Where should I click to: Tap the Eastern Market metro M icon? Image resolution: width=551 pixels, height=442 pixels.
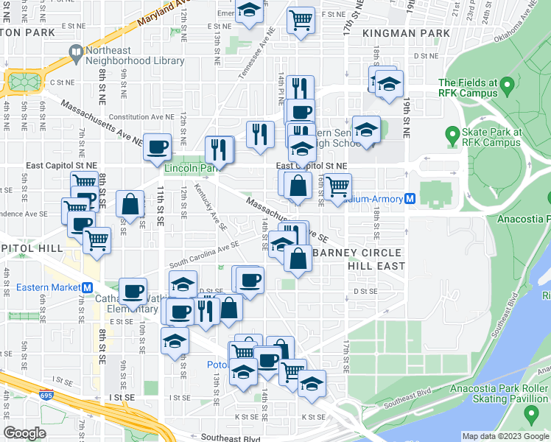[x=87, y=287]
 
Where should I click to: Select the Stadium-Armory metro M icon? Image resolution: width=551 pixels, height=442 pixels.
[x=410, y=199]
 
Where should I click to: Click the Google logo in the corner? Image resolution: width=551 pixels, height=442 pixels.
[x=24, y=433]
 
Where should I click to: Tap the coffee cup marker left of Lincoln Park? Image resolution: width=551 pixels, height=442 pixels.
[x=157, y=147]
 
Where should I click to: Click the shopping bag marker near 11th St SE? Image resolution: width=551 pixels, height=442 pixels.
[x=130, y=204]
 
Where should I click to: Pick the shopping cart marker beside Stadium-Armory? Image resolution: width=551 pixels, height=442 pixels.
[x=337, y=186]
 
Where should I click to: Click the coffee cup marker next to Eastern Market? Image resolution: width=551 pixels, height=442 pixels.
[x=133, y=292]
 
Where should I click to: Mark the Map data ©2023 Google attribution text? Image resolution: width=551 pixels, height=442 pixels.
[x=505, y=436]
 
